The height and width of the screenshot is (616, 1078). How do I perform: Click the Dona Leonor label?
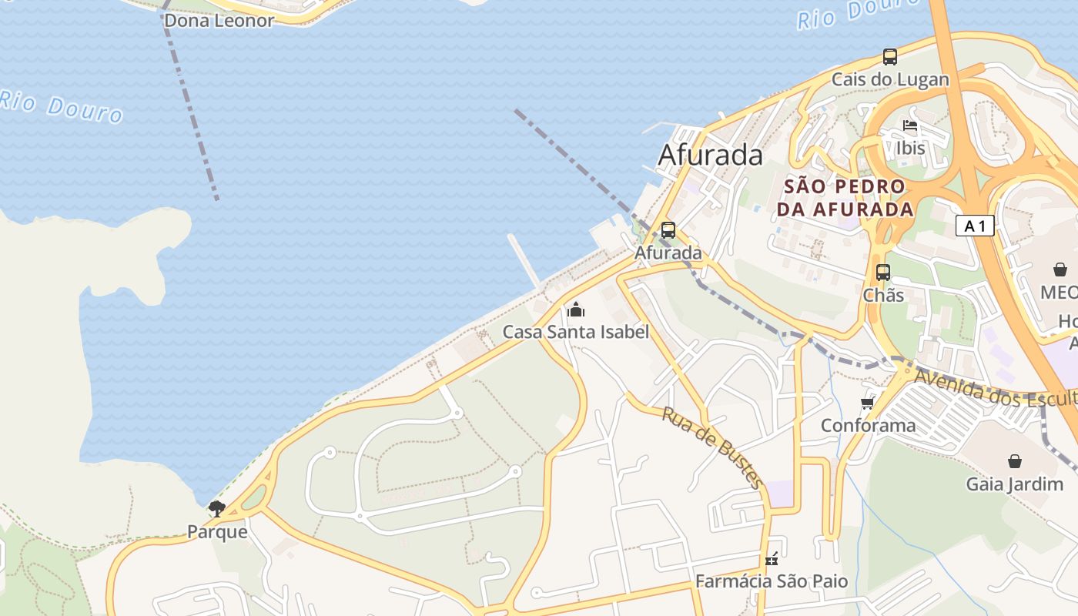(219, 21)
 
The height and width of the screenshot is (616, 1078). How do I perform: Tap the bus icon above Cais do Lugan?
(890, 56)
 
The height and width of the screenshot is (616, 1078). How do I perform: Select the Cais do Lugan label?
(890, 79)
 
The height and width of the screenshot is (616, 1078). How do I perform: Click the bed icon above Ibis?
(910, 125)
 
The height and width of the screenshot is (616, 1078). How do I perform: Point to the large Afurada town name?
(710, 155)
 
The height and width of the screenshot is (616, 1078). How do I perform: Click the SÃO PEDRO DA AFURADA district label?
(845, 198)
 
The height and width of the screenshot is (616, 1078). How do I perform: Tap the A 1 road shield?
(975, 226)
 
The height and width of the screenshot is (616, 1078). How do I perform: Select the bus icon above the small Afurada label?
(668, 229)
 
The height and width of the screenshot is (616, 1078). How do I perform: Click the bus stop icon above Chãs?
(883, 272)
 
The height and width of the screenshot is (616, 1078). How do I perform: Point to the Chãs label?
(883, 295)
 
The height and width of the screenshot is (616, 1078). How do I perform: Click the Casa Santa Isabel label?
(576, 332)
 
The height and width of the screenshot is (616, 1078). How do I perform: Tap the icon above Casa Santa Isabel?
(576, 310)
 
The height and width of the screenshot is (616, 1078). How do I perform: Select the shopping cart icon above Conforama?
(868, 403)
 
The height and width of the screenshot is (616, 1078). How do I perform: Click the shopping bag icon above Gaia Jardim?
(1015, 461)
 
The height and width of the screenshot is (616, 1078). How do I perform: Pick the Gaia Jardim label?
(1015, 484)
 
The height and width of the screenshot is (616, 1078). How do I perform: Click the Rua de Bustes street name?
(712, 447)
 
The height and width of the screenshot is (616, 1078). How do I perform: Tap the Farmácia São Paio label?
(772, 581)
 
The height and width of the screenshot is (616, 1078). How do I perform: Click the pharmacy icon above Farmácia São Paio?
(772, 559)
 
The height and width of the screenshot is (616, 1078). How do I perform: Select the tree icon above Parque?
(217, 508)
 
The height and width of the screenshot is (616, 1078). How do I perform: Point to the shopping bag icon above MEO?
(1060, 269)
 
